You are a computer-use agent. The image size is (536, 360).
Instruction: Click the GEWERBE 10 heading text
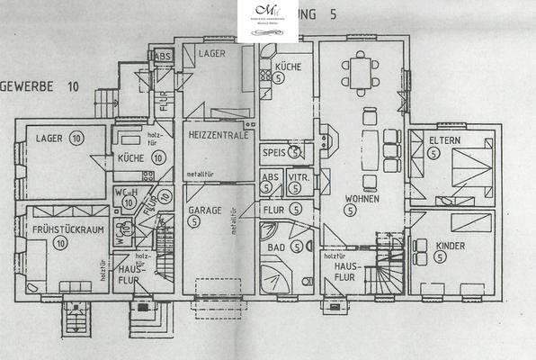point(41,87)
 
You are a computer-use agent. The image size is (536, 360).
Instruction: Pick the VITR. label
point(298,179)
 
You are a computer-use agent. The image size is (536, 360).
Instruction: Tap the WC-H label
point(125,193)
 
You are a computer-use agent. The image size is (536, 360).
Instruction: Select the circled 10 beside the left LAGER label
point(75,138)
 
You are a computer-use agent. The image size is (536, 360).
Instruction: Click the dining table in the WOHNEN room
point(360,71)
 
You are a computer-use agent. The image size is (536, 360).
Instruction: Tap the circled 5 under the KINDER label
point(440,257)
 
